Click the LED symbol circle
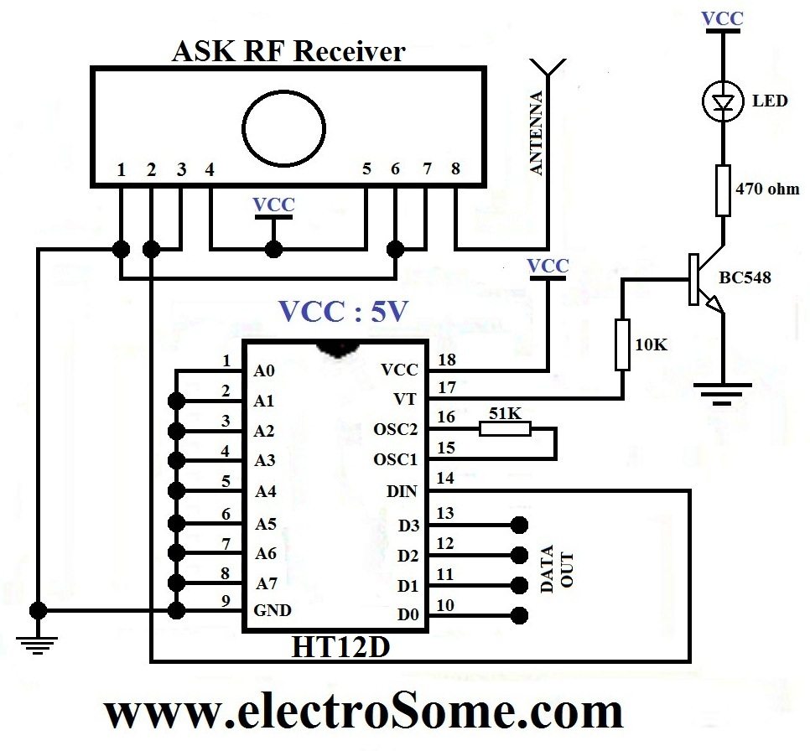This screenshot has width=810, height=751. [721, 101]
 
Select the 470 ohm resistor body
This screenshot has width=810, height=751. [722, 190]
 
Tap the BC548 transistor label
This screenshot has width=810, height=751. [745, 277]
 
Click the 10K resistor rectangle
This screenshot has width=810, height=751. [622, 344]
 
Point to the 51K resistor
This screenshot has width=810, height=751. [505, 429]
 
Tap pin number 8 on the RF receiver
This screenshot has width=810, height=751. [455, 168]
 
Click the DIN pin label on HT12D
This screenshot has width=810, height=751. [401, 492]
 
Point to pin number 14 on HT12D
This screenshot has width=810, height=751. [445, 479]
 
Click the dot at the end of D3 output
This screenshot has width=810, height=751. [519, 525]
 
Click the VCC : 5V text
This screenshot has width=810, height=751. [344, 312]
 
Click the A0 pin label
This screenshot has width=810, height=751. [264, 370]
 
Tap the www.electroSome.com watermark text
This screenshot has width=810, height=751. [363, 712]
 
